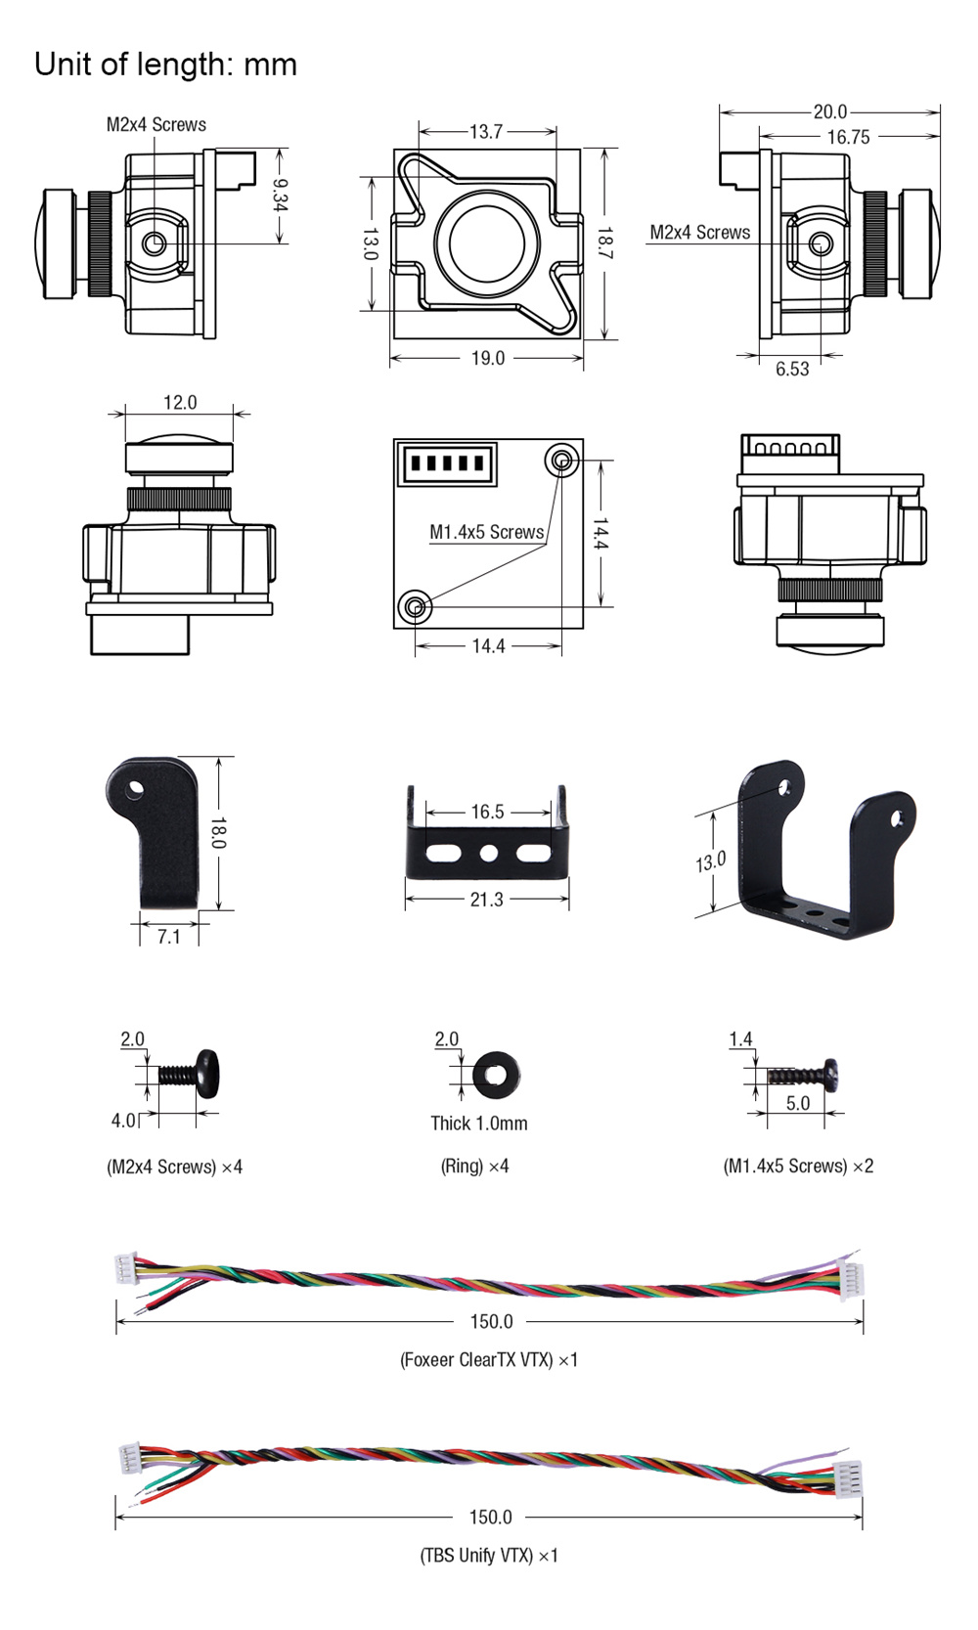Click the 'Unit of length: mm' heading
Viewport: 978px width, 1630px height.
(x=165, y=65)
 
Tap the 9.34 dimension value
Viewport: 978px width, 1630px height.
(x=280, y=195)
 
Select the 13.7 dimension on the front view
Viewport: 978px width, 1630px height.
(x=486, y=131)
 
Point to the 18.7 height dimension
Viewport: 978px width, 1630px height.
(x=605, y=243)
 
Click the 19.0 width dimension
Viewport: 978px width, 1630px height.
(x=487, y=358)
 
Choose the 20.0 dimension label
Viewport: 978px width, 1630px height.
(x=829, y=111)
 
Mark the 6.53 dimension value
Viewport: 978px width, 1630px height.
(x=792, y=369)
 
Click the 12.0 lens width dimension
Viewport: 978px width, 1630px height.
(x=180, y=402)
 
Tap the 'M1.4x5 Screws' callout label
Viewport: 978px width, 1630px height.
(x=486, y=532)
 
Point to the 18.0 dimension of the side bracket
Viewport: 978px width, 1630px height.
(x=218, y=832)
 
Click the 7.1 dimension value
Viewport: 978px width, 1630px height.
(x=169, y=937)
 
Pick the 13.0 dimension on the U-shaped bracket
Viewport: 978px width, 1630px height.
(x=711, y=862)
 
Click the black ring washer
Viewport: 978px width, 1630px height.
(x=496, y=1076)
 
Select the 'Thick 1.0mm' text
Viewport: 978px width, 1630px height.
(x=478, y=1123)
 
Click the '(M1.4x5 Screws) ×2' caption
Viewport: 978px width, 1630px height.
(x=798, y=1166)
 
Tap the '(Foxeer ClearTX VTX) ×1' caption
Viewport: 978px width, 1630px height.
(x=489, y=1359)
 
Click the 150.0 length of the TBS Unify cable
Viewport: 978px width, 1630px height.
(x=490, y=1517)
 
